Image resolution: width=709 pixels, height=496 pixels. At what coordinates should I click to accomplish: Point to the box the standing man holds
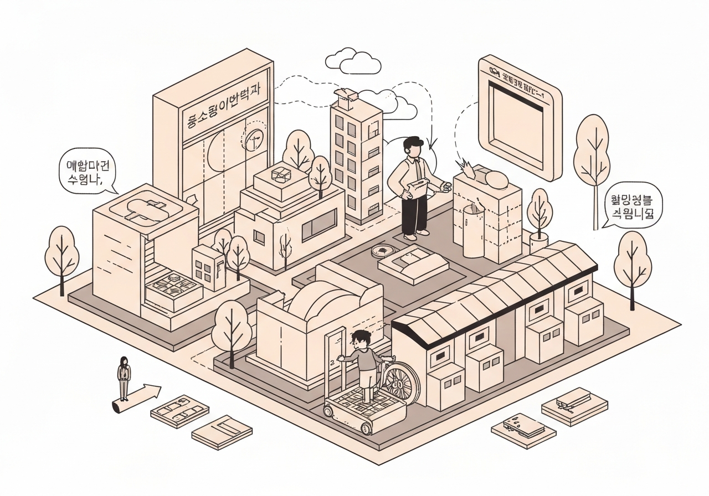(x=417, y=188)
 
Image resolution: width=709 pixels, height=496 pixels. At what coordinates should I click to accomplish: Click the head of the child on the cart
(x=361, y=339)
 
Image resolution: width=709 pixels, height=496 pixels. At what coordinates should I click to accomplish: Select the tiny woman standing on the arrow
(x=124, y=376)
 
